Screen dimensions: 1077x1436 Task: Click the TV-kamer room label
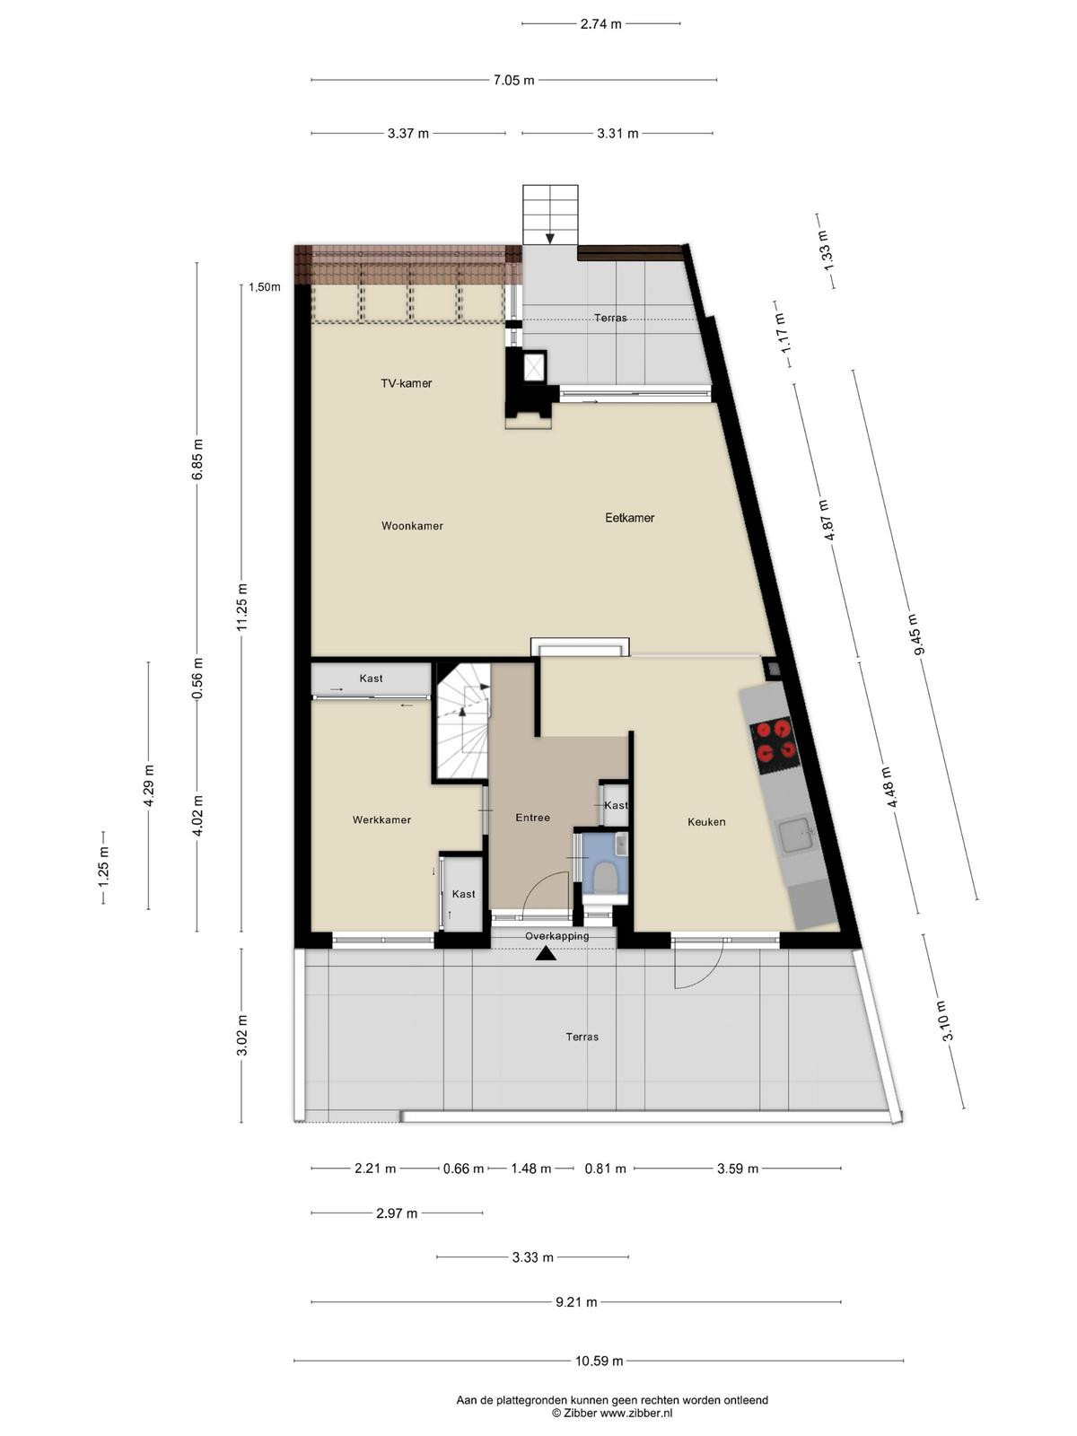[406, 383]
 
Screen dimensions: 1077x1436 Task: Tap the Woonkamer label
[412, 526]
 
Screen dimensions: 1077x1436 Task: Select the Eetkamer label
[630, 518]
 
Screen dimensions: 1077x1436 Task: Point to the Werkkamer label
[382, 819]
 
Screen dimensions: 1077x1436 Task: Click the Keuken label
[706, 822]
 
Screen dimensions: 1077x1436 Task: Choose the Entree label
[532, 817]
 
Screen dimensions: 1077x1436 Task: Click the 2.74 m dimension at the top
[601, 24]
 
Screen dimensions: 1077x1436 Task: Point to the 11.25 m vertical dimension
[241, 607]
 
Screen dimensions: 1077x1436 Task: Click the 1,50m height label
[264, 287]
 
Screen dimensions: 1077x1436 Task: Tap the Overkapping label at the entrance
[557, 936]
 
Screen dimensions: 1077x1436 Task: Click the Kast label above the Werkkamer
[371, 679]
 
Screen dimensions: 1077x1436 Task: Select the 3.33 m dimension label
[533, 1257]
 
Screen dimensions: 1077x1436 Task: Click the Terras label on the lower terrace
[582, 1037]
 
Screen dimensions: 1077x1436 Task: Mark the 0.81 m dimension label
[606, 1169]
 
